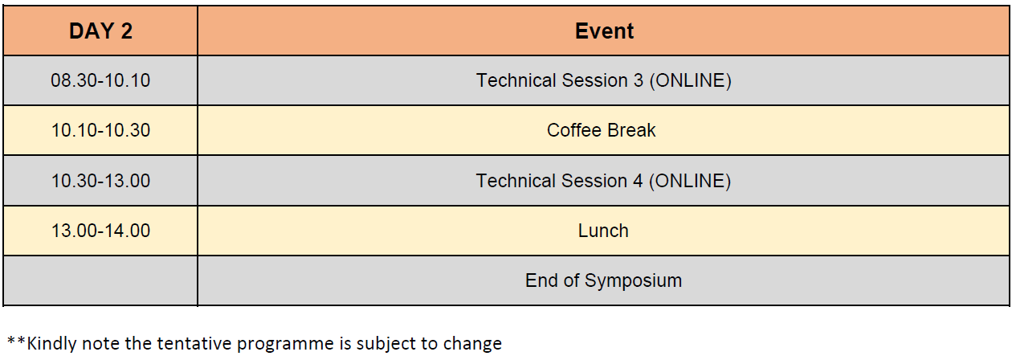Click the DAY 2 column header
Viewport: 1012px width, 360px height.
(100, 31)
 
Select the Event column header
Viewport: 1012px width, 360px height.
(604, 31)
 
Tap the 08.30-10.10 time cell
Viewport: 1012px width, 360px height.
(100, 80)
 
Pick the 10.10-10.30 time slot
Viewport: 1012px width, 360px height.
(100, 130)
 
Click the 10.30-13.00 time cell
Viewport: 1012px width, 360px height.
(100, 181)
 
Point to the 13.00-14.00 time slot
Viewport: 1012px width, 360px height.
(100, 231)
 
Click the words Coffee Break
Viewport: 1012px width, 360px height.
(601, 130)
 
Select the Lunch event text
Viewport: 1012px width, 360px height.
(603, 231)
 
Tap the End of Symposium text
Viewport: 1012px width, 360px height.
(603, 281)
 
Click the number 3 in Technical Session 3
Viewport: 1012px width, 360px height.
(638, 80)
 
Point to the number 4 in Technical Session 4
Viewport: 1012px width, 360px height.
(638, 181)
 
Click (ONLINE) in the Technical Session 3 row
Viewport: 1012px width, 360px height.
(691, 81)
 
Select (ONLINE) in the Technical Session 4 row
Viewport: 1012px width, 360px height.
(690, 182)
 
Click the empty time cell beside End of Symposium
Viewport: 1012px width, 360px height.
(100, 280)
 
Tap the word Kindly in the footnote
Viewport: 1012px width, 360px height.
(52, 344)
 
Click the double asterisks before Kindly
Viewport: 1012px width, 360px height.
(16, 341)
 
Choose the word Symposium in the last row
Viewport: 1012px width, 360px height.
(633, 281)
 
